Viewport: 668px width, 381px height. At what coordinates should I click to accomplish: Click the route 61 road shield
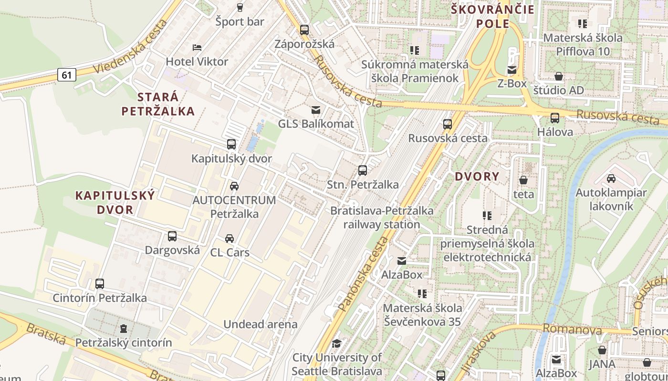pos(67,75)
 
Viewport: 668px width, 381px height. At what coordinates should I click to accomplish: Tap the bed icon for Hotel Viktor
pos(197,47)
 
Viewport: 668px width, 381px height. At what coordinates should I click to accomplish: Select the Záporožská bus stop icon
pos(304,30)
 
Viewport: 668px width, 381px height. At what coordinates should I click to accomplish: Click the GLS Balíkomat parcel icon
pos(315,110)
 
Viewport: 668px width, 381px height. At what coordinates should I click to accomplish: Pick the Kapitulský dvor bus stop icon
pos(231,144)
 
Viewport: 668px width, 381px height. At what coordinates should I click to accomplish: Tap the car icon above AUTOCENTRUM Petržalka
pos(234,186)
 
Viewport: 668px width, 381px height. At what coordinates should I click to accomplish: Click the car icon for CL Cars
pos(230,238)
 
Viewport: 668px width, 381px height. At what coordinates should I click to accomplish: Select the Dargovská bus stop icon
pos(172,236)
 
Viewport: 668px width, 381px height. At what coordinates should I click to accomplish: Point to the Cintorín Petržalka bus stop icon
pos(99,283)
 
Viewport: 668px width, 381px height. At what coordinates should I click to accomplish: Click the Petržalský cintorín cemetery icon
pos(124,328)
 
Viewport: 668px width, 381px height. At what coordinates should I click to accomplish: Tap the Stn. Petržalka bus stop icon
pos(363,170)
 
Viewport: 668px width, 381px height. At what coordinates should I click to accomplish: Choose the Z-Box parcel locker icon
pos(512,70)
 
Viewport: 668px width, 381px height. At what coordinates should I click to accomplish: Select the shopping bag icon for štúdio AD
pos(558,76)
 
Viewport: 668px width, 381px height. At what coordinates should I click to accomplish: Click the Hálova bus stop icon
pos(555,118)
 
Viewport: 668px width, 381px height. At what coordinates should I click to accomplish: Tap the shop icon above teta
pos(523,180)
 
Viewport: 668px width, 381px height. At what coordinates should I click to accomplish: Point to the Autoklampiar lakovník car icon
pos(611,179)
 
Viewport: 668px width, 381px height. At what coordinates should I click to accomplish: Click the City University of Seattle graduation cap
pos(337,343)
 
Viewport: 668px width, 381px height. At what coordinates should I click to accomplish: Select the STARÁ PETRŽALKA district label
pos(158,104)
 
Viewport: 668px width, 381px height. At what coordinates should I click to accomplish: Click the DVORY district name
pos(477,176)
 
